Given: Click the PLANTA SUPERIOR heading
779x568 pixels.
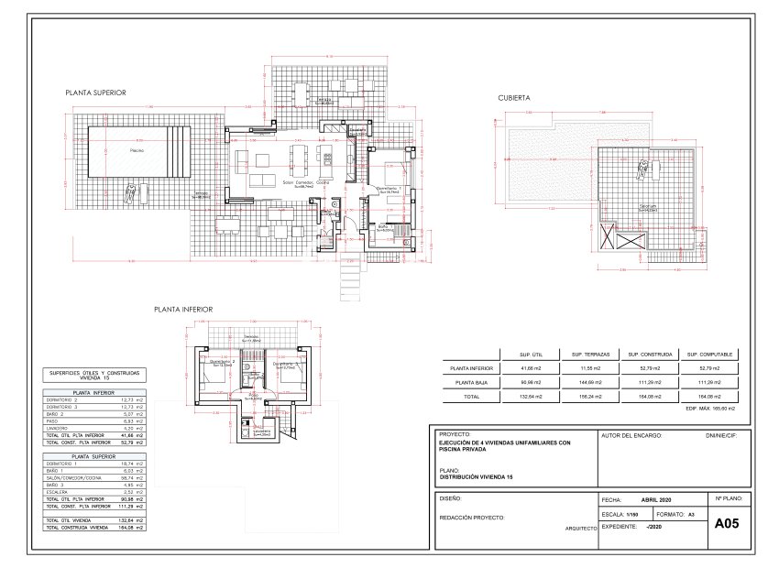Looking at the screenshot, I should pyautogui.click(x=95, y=93).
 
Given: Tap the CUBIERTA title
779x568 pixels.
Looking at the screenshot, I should pyautogui.click(x=514, y=97).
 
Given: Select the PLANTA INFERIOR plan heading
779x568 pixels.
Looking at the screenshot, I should pyautogui.click(x=183, y=310).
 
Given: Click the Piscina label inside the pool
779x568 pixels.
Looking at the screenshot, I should pyautogui.click(x=137, y=149).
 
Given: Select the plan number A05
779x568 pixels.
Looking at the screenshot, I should pyautogui.click(x=726, y=524).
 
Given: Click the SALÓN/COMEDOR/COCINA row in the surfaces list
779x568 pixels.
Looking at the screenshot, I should pyautogui.click(x=71, y=478).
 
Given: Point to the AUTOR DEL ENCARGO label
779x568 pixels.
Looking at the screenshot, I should pyautogui.click(x=631, y=435).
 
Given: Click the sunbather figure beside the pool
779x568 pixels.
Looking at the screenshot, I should pyautogui.click(x=134, y=192).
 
